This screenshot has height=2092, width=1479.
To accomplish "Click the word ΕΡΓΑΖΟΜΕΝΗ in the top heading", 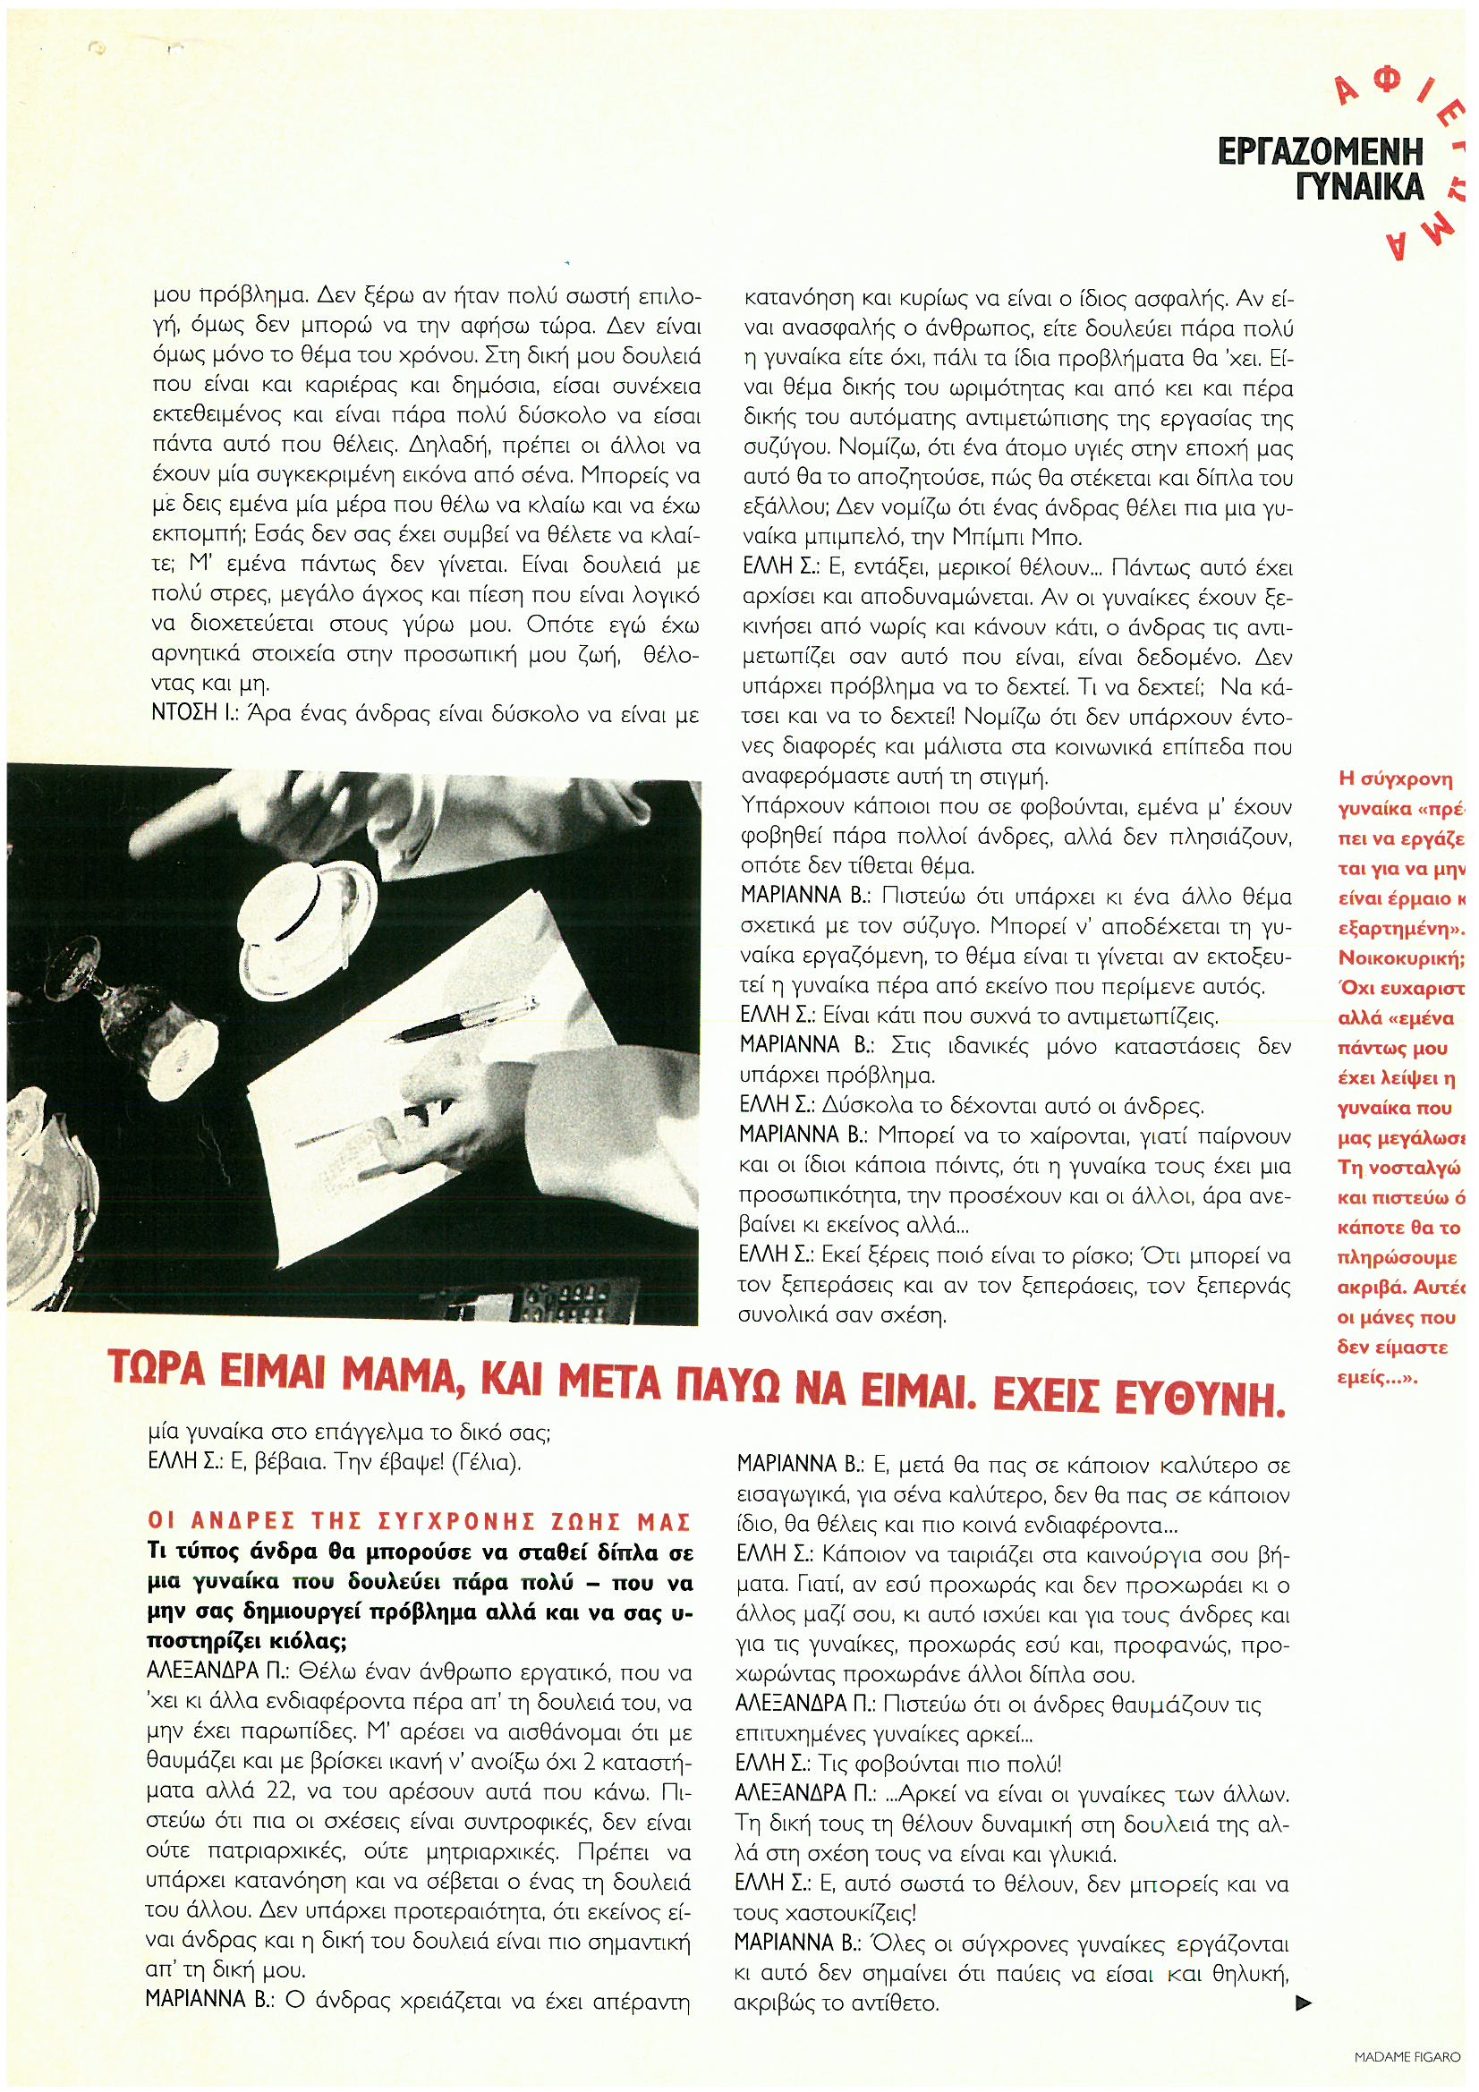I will click(x=1321, y=150).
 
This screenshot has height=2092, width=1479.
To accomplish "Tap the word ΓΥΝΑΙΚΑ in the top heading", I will click(x=1359, y=187).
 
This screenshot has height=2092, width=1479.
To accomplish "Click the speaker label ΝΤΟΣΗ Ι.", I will click(x=188, y=715).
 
